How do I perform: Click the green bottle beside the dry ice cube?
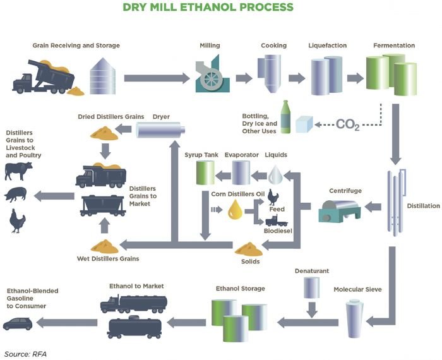click(x=285, y=117)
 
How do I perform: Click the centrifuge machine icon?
click(x=341, y=208)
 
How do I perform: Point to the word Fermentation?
click(x=393, y=45)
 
